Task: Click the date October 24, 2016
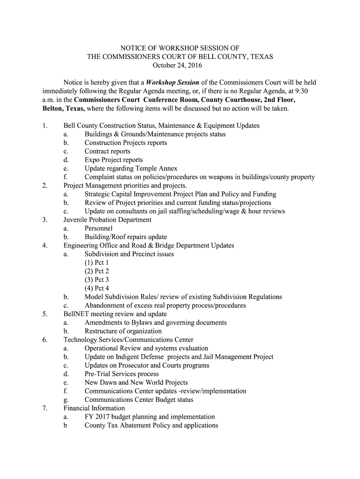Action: (x=180, y=65)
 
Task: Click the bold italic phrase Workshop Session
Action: (x=173, y=82)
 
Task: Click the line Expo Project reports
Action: (x=114, y=160)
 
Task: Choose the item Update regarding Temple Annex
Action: (x=131, y=168)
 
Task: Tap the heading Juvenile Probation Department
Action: (x=108, y=220)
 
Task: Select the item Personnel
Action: (x=99, y=228)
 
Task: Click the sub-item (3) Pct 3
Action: (x=97, y=280)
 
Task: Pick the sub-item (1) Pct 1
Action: (x=97, y=262)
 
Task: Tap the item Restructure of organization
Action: (x=123, y=331)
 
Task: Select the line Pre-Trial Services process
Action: (x=122, y=374)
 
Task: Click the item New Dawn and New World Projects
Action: (x=136, y=383)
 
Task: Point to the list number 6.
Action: (x=44, y=340)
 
